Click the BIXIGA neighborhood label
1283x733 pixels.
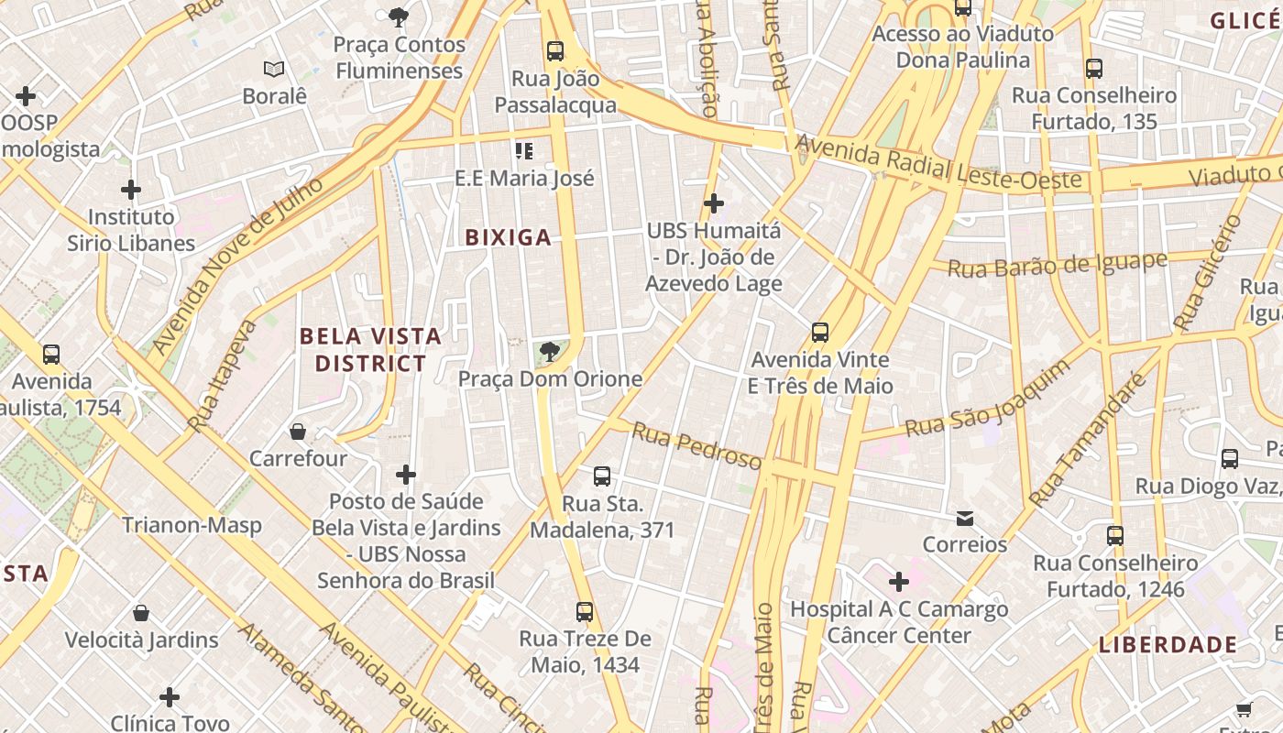tap(508, 238)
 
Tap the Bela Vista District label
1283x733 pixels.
tap(371, 350)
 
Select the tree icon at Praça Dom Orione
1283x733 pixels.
tap(550, 351)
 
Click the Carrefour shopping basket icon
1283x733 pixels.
tap(298, 431)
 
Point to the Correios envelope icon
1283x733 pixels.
tap(965, 519)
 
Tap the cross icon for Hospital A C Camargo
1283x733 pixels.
tap(899, 581)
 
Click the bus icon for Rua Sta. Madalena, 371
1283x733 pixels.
tap(602, 476)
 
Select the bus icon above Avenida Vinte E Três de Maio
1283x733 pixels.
tap(820, 333)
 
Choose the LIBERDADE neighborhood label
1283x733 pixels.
tap(1168, 644)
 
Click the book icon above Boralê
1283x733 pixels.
tap(273, 69)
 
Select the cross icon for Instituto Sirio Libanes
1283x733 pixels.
tap(131, 190)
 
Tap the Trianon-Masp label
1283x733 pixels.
tap(192, 525)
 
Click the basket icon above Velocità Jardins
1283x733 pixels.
tap(141, 612)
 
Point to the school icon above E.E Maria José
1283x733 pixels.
tap(524, 150)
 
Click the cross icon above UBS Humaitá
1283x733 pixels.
tap(714, 203)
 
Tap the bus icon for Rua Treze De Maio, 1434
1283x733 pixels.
tap(585, 611)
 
